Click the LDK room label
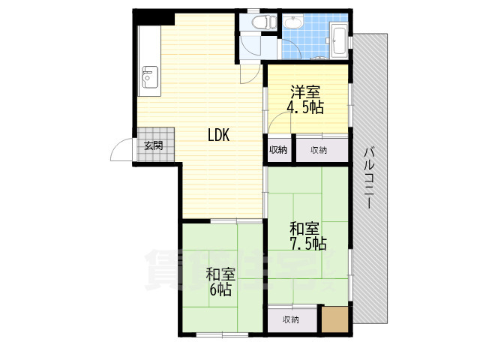click(218, 135)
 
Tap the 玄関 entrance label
click(153, 145)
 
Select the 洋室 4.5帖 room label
click(305, 100)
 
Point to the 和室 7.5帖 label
click(308, 236)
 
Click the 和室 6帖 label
click(220, 282)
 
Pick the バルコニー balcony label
click(370, 178)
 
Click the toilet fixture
click(263, 22)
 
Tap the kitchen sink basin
click(150, 76)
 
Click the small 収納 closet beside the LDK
click(278, 150)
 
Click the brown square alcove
click(335, 319)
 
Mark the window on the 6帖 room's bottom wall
click(222, 335)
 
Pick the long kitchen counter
click(149, 61)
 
